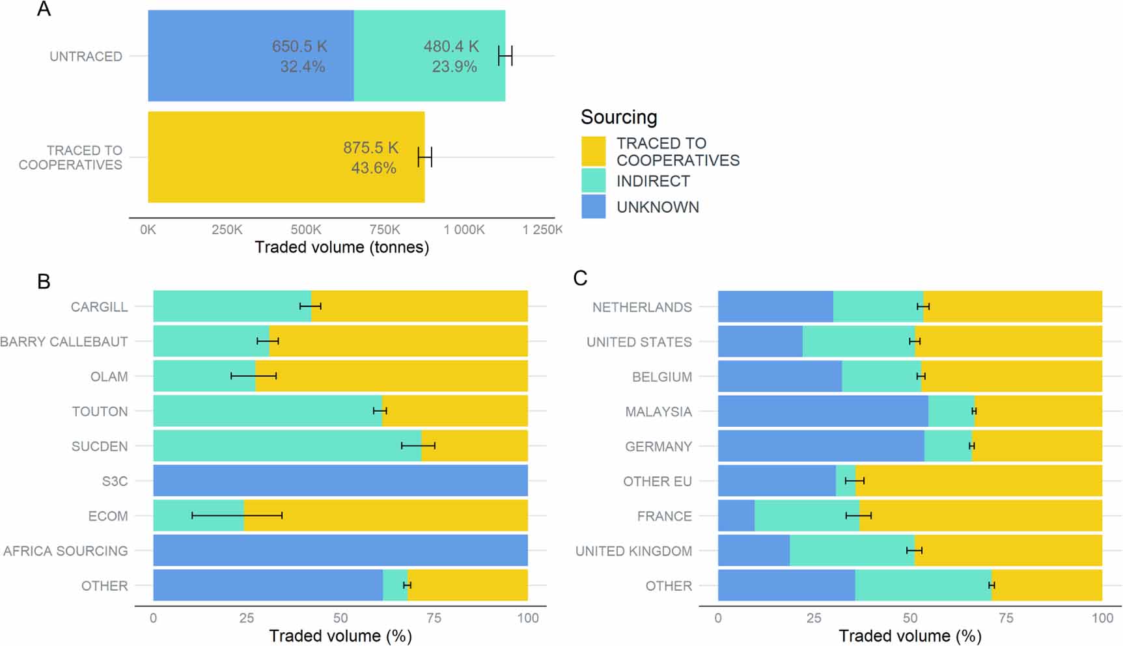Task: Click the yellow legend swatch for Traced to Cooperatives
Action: (593, 152)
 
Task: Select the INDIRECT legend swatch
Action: (593, 180)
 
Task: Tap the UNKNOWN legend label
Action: (658, 207)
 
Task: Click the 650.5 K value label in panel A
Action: (299, 46)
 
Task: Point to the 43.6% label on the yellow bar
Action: (374, 168)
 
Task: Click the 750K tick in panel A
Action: (385, 230)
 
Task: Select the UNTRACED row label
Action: (86, 57)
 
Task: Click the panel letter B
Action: (44, 282)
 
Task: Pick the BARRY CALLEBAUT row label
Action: (64, 342)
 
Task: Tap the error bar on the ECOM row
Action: (237, 515)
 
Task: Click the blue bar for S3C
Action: (340, 481)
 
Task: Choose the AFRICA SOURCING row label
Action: (65, 551)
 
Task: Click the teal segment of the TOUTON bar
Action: (267, 411)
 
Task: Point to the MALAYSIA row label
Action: (658, 412)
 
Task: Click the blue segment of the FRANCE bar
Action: (736, 516)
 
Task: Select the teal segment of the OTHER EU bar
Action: (845, 481)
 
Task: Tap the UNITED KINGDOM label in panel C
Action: (633, 551)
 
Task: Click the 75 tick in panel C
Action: (1006, 618)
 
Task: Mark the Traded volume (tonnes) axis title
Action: (342, 247)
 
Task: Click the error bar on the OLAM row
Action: (254, 376)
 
